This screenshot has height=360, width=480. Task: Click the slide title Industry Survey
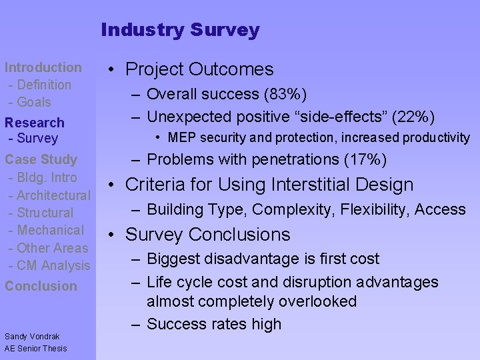tap(180, 30)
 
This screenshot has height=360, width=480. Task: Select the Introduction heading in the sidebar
tap(43, 67)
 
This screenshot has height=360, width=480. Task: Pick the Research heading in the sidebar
tap(35, 123)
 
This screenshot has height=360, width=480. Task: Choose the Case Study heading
tap(41, 159)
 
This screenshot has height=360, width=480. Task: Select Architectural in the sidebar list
tap(53, 195)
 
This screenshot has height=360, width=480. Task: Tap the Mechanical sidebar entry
tap(50, 230)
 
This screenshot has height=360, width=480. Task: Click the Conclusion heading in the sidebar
tap(40, 286)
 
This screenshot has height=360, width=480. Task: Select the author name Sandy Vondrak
tap(32, 337)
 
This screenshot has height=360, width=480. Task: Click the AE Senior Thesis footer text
tap(36, 349)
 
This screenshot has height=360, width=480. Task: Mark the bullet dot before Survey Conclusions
tap(115, 235)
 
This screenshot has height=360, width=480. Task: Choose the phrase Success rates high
tap(214, 324)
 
